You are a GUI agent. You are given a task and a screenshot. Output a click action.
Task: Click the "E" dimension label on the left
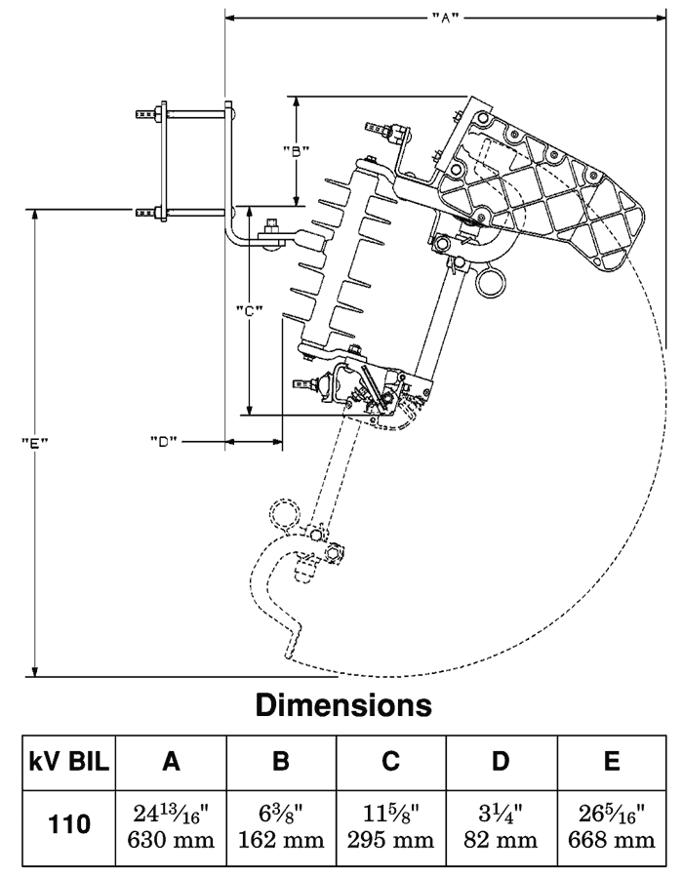[x=35, y=442]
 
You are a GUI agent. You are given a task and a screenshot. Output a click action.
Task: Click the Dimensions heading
[x=343, y=704]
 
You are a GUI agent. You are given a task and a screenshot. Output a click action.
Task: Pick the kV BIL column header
[x=68, y=761]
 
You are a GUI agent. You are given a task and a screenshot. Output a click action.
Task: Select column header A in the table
[x=172, y=761]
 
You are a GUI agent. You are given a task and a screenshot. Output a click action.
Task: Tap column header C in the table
[x=390, y=761]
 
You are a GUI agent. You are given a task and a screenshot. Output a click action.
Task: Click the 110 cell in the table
[x=68, y=824]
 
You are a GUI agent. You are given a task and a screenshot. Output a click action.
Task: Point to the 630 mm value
[x=172, y=839]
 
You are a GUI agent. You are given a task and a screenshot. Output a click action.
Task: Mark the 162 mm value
[x=281, y=839]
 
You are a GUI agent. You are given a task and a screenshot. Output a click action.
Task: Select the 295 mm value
[x=390, y=839]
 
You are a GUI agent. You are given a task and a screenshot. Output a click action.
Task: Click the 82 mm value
[x=501, y=839]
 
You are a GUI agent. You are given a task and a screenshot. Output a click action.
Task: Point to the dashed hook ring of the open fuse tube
[x=284, y=513]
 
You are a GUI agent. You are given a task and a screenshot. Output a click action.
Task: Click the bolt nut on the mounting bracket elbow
[x=271, y=231]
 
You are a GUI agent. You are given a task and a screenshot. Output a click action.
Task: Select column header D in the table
[x=501, y=761]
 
